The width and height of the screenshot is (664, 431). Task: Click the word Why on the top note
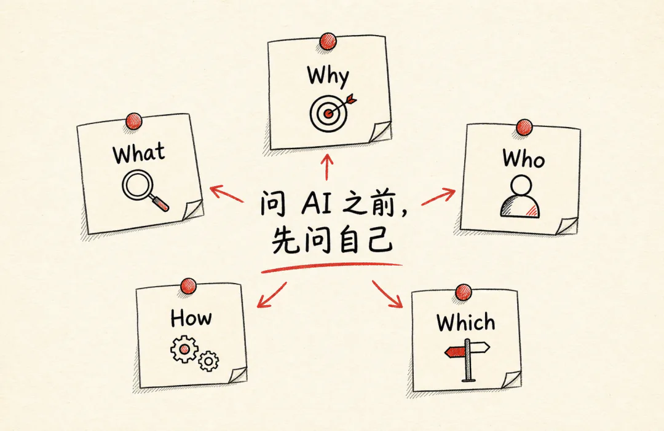coord(328,76)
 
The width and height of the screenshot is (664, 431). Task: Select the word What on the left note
coord(139,153)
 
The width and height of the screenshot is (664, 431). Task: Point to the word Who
coord(523,158)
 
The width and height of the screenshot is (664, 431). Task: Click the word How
coord(191,318)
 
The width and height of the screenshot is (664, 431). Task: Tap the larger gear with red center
coord(184,349)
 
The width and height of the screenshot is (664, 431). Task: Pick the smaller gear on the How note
coord(208,361)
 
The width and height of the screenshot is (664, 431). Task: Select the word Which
coord(466,322)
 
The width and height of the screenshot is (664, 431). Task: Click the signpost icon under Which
coord(467,360)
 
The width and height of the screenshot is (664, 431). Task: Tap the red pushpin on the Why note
coord(328,42)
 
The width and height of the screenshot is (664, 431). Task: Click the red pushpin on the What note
coord(134,122)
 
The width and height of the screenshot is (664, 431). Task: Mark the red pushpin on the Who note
coord(524,127)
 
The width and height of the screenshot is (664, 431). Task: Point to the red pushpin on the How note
coord(188,286)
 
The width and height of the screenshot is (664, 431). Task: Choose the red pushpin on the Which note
coord(464,292)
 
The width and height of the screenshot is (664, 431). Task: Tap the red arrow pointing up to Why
coord(327,167)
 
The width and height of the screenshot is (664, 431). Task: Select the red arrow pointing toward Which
coord(387,293)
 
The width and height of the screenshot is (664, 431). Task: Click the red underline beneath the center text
coord(331,267)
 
